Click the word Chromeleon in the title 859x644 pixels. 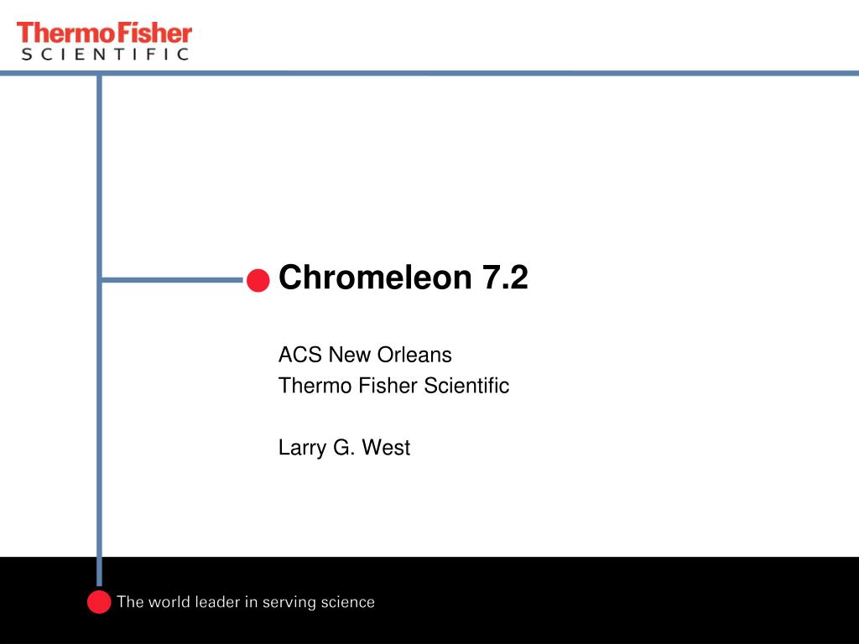pyautogui.click(x=375, y=277)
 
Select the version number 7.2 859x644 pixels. pyautogui.click(x=505, y=278)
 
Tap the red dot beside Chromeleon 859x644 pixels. pyautogui.click(x=258, y=280)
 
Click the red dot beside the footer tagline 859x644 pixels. pyautogui.click(x=99, y=601)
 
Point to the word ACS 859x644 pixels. pyautogui.click(x=300, y=355)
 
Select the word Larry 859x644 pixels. pyautogui.click(x=302, y=449)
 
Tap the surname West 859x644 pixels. pyautogui.click(x=386, y=448)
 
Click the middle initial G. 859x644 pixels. pyautogui.click(x=344, y=448)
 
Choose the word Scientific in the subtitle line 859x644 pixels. pyautogui.click(x=466, y=386)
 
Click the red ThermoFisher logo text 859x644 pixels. pyautogui.click(x=105, y=33)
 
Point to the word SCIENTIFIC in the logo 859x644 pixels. pyautogui.click(x=105, y=54)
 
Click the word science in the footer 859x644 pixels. pyautogui.click(x=348, y=602)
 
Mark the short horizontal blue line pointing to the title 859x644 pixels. pyautogui.click(x=173, y=280)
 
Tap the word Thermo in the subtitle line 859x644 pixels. pyautogui.click(x=315, y=386)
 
